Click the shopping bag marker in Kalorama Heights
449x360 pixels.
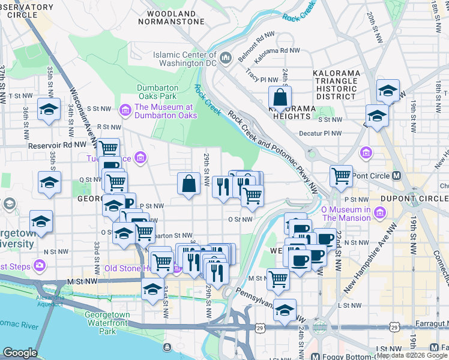coord(280,97)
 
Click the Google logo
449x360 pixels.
coord(20,353)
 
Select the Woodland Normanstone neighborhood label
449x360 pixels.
coord(171,17)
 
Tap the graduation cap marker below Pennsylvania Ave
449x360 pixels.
coord(286,310)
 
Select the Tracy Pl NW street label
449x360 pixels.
coord(262,79)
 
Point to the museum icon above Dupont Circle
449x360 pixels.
coord(364,154)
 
